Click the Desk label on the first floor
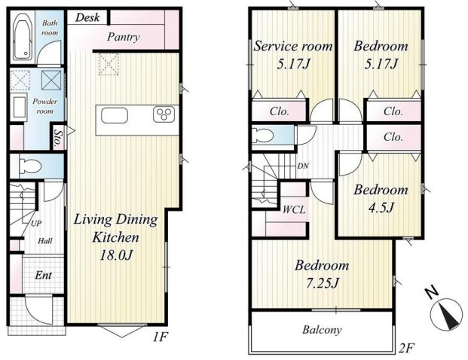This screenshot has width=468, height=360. point(87,17)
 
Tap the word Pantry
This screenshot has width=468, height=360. point(124,37)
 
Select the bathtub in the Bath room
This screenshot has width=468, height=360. point(24,36)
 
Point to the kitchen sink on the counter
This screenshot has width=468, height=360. point(115,115)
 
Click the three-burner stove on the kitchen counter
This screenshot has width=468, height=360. point(164,114)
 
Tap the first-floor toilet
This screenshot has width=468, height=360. point(30,166)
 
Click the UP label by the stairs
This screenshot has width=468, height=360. point(36,223)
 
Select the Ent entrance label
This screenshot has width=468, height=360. point(44,275)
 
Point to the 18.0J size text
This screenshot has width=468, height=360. point(116,255)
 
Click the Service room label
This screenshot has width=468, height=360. point(293,46)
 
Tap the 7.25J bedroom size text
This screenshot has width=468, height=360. point(323,282)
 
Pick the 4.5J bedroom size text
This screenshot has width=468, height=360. point(381,207)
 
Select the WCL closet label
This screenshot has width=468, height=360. point(294,209)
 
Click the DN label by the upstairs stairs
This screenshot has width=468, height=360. point(303,166)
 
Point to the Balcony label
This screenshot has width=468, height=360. point(322,330)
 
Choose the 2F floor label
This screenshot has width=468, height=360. point(407,347)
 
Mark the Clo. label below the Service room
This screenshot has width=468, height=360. point(280,111)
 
